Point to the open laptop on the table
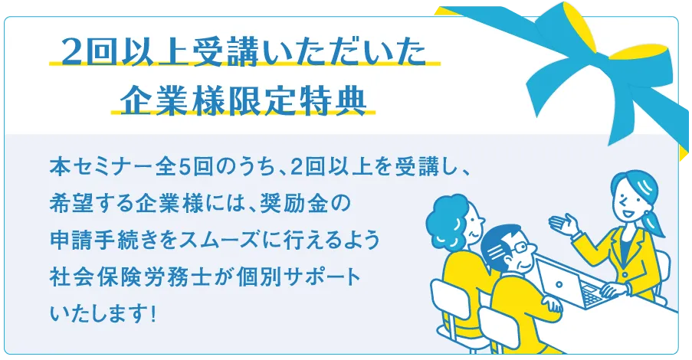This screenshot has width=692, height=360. coord(569,283)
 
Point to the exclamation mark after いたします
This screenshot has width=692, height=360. coord(153,315)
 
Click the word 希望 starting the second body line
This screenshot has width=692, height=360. coord(67,204)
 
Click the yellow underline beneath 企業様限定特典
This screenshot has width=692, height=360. coord(243,113)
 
